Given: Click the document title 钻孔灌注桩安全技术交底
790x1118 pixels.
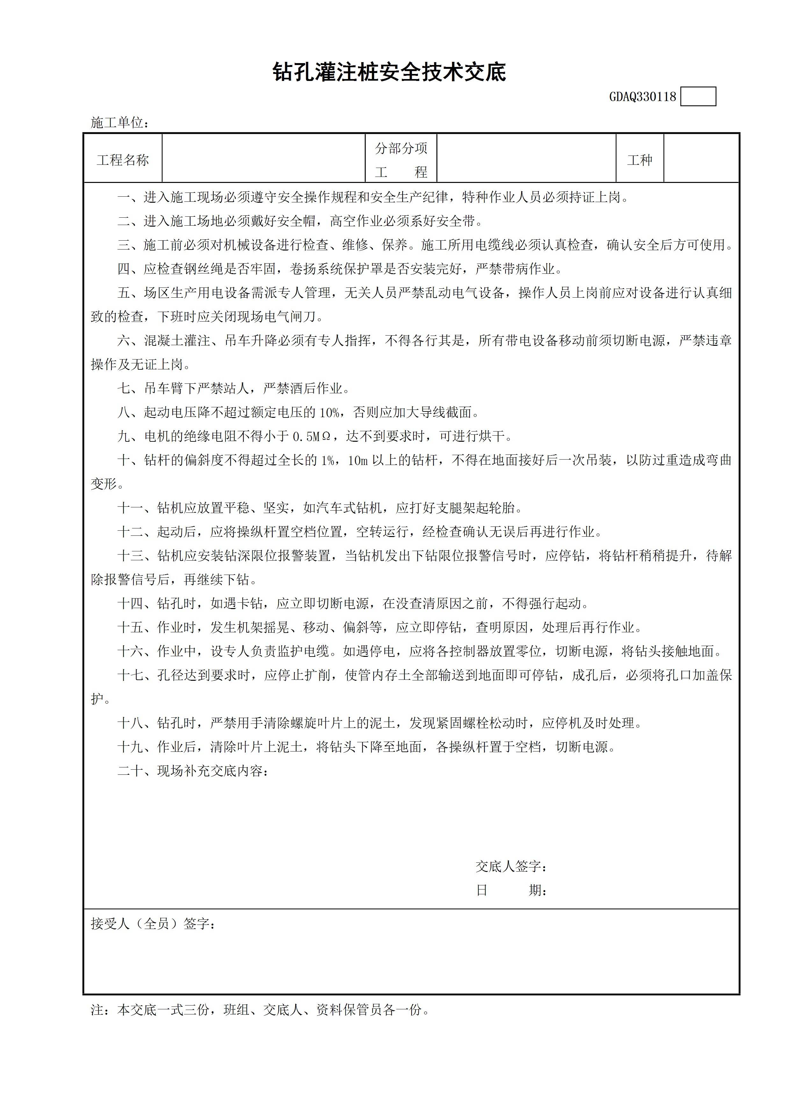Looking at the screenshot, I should (389, 72).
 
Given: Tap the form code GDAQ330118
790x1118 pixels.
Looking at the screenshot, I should (643, 97).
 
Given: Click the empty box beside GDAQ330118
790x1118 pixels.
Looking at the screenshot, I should (698, 97).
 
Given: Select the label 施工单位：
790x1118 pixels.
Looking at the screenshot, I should (120, 123).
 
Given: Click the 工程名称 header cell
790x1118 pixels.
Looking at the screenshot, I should (123, 160).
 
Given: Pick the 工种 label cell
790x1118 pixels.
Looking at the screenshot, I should (640, 160).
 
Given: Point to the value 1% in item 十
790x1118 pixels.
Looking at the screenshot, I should (327, 460).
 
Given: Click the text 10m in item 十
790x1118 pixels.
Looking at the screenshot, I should (357, 460).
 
